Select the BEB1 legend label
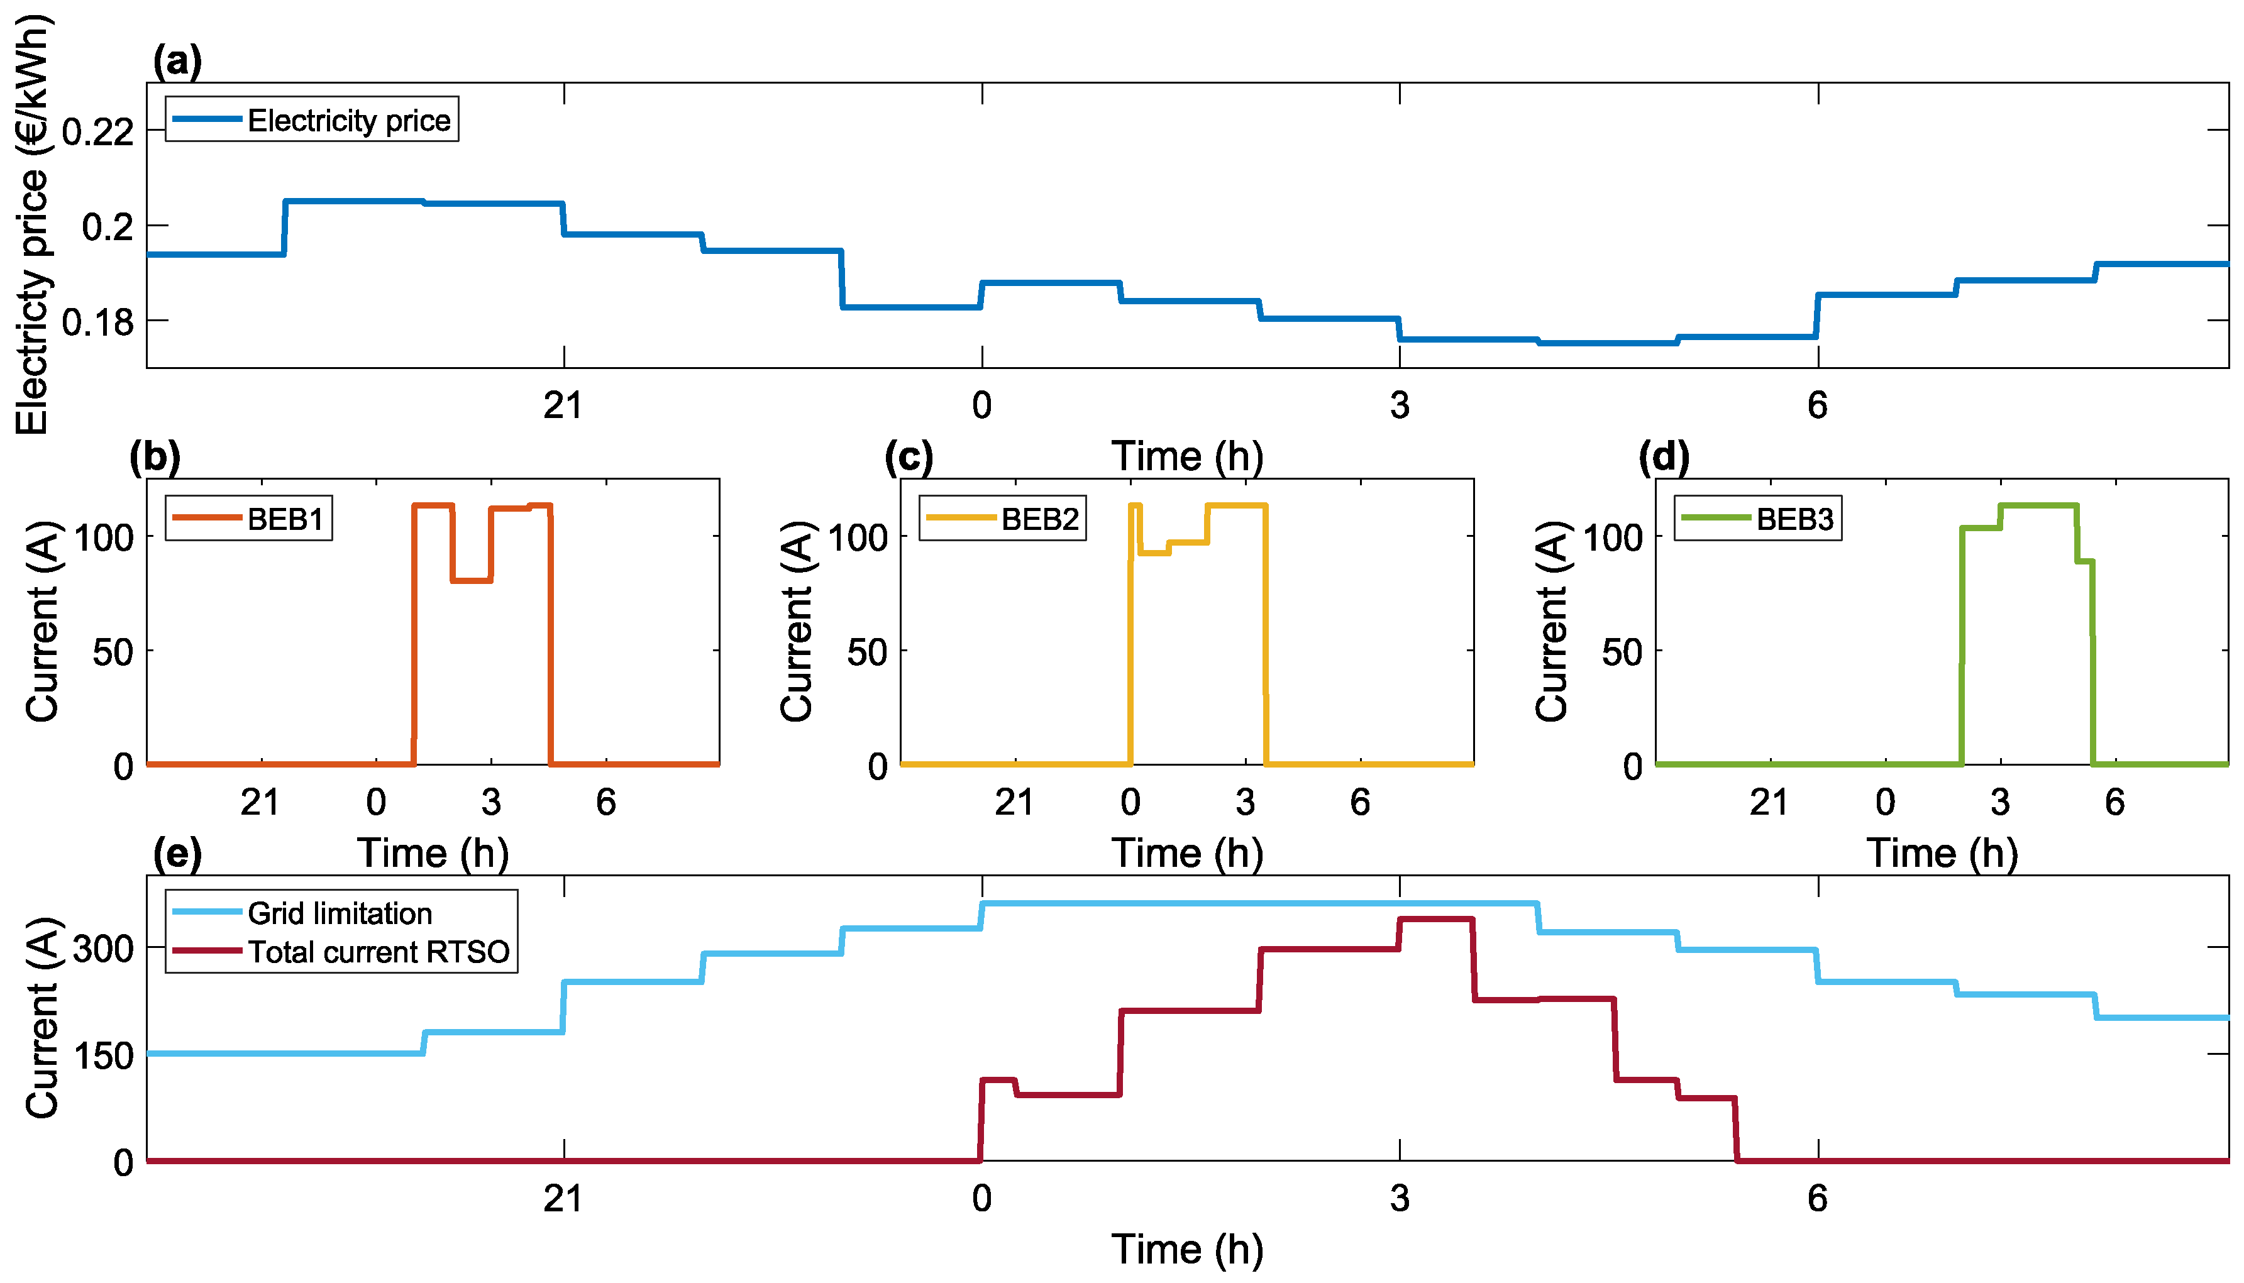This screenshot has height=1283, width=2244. (285, 519)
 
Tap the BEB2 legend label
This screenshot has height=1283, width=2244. (1039, 519)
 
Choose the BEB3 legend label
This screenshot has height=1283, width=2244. (1794, 519)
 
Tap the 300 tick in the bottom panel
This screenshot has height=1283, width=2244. (103, 949)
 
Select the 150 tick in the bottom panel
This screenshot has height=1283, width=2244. (103, 1055)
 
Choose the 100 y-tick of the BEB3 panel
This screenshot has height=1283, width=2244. (1612, 537)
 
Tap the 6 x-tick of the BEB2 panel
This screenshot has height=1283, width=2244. (1360, 802)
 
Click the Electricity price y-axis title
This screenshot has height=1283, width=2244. (33, 224)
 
